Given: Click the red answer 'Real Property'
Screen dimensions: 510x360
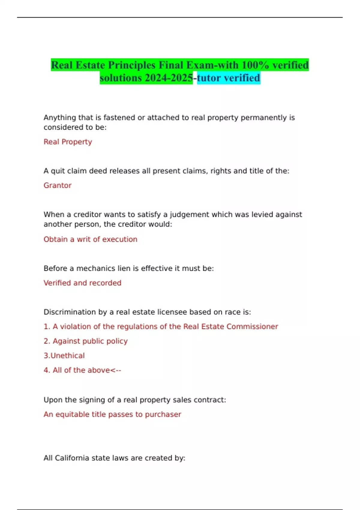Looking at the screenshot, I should (68, 142).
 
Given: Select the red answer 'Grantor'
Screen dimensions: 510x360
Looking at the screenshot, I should (58, 185).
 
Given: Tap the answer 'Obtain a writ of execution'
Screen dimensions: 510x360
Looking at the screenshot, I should (90, 239).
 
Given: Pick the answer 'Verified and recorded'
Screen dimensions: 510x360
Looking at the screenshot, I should (82, 283).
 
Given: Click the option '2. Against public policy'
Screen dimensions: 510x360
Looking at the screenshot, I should (86, 341).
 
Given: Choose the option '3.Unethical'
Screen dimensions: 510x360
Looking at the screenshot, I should (64, 356).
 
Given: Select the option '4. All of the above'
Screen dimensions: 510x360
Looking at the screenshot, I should (82, 370).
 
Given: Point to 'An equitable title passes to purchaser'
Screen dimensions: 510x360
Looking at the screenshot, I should (112, 415).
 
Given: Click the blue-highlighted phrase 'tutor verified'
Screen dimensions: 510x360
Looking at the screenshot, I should (229, 78).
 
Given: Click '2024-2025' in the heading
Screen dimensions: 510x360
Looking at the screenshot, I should (169, 78).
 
